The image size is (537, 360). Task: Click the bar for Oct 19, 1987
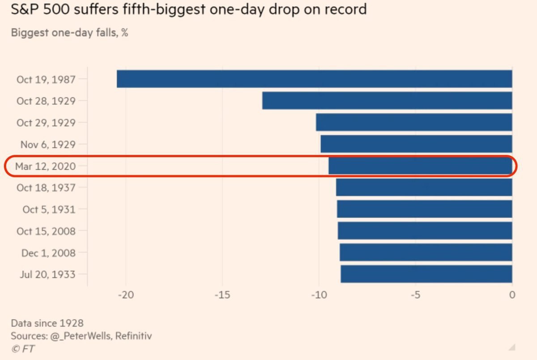click(x=314, y=79)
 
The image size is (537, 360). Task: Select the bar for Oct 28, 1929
click(x=387, y=101)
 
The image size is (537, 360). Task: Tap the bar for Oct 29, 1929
click(x=414, y=122)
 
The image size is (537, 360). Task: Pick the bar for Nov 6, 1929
click(x=416, y=144)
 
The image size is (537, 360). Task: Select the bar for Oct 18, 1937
click(x=424, y=188)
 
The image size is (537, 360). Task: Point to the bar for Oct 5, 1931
click(x=424, y=209)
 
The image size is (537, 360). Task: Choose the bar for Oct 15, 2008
click(x=425, y=231)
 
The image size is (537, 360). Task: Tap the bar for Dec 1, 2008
click(x=426, y=253)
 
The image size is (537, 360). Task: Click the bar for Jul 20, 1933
click(x=426, y=274)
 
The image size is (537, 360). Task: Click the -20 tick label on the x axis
click(x=125, y=295)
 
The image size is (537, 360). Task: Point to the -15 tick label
click(x=222, y=295)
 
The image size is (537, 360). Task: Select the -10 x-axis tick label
click(x=319, y=295)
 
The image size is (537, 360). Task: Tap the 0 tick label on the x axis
click(x=512, y=295)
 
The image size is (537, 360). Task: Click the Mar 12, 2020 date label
click(x=45, y=166)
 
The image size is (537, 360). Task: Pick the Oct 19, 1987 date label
click(x=46, y=79)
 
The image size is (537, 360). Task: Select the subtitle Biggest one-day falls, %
click(x=69, y=33)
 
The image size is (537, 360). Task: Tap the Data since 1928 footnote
click(x=47, y=323)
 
